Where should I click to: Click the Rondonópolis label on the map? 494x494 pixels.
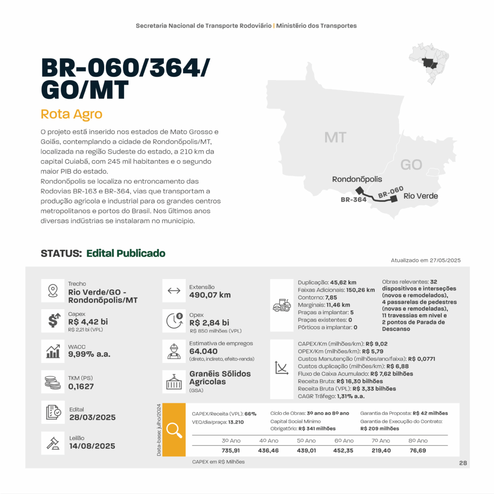pyautogui.click(x=357, y=179)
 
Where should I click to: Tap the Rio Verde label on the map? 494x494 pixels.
pyautogui.click(x=421, y=196)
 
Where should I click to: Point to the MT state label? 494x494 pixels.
pyautogui.click(x=335, y=137)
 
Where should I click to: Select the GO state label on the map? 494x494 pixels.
pyautogui.click(x=411, y=165)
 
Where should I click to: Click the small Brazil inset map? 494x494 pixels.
pyautogui.click(x=428, y=63)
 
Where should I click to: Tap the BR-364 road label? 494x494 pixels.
pyautogui.click(x=354, y=199)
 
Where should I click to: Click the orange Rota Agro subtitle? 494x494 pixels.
pyautogui.click(x=71, y=114)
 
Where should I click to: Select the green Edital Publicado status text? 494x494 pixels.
pyautogui.click(x=126, y=253)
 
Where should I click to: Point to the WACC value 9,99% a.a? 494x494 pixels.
pyautogui.click(x=89, y=354)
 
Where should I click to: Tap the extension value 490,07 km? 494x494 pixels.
pyautogui.click(x=210, y=295)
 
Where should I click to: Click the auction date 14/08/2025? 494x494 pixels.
pyautogui.click(x=92, y=446)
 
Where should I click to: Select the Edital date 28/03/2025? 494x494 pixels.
pyautogui.click(x=92, y=417)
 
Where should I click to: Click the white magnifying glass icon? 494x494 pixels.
pyautogui.click(x=174, y=430)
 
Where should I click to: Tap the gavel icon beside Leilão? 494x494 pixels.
pyautogui.click(x=53, y=441)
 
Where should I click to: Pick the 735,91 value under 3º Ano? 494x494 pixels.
pyautogui.click(x=231, y=450)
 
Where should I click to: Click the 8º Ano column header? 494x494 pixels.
pyautogui.click(x=418, y=440)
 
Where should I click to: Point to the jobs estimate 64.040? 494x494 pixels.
pyautogui.click(x=204, y=351)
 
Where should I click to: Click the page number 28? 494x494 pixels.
pyautogui.click(x=463, y=463)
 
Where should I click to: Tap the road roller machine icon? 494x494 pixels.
pyautogui.click(x=282, y=305)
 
